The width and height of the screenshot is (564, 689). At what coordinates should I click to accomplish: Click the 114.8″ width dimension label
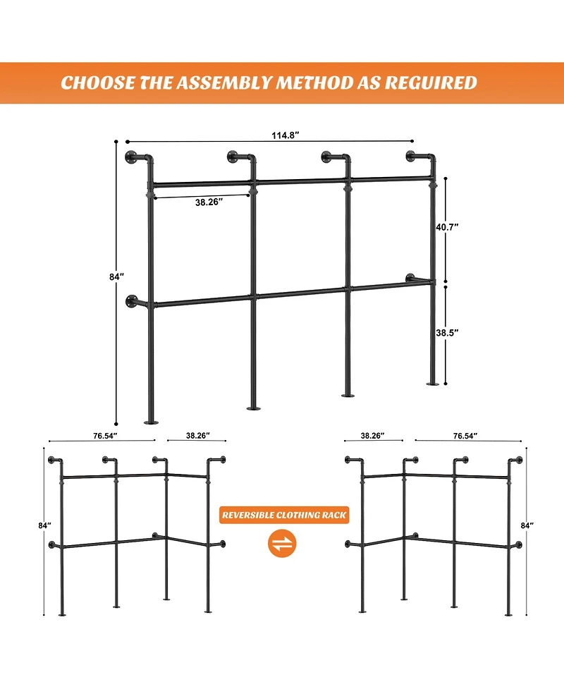pyautogui.click(x=283, y=135)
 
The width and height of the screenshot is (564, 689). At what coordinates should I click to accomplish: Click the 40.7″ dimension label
pyautogui.click(x=448, y=227)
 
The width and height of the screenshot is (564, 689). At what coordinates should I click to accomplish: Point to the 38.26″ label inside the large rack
pyautogui.click(x=209, y=202)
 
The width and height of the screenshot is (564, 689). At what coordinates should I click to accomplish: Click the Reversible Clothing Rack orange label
pyautogui.click(x=284, y=516)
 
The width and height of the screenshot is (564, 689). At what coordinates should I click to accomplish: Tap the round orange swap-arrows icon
pyautogui.click(x=284, y=544)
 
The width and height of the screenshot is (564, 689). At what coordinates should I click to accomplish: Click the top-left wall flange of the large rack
pyautogui.click(x=130, y=156)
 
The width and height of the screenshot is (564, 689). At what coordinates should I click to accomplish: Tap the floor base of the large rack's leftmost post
pyautogui.click(x=151, y=422)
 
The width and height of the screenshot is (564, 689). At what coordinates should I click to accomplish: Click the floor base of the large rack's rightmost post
pyautogui.click(x=432, y=383)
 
